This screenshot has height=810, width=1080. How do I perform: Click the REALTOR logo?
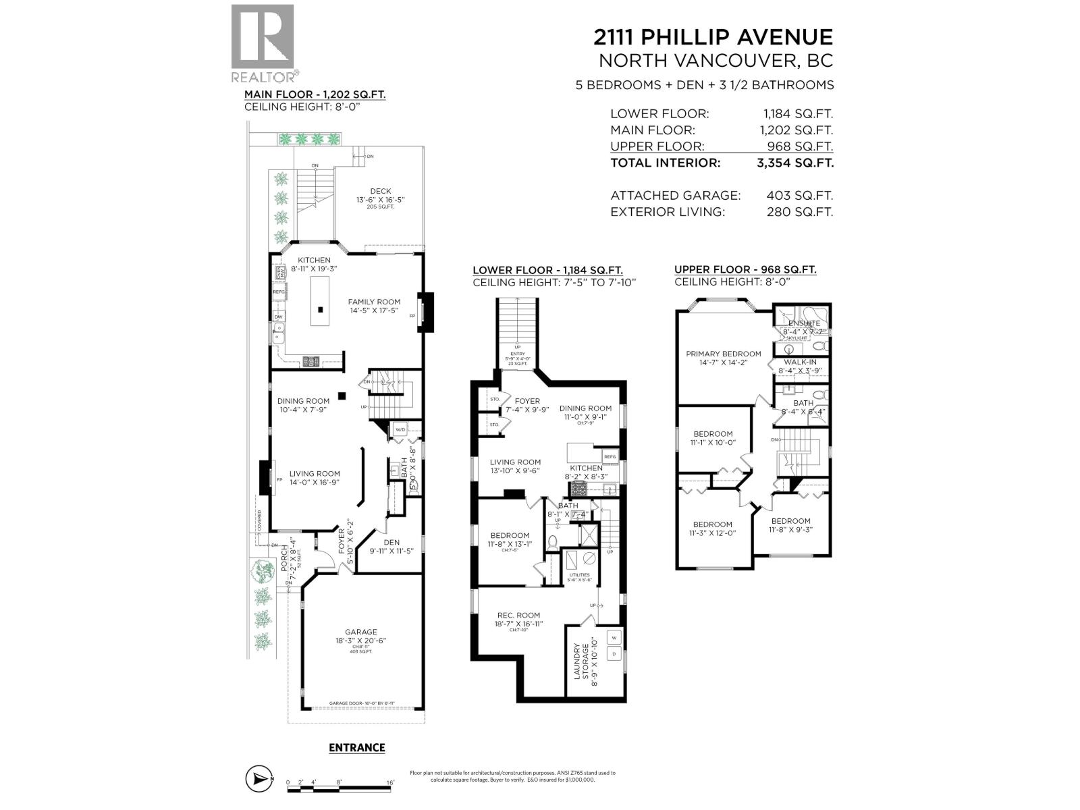(x=263, y=42)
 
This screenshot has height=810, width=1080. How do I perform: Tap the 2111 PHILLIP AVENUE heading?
(x=713, y=36)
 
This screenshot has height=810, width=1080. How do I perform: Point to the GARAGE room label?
(x=361, y=632)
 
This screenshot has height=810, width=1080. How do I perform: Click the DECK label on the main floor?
(x=381, y=191)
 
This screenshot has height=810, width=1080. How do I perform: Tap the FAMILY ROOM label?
(x=374, y=302)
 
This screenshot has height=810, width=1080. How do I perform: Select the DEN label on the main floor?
(x=391, y=542)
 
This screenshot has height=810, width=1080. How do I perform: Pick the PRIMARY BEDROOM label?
(x=723, y=354)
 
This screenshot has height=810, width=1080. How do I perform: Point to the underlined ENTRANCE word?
(x=356, y=747)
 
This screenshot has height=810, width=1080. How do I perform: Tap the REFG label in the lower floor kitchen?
(x=610, y=457)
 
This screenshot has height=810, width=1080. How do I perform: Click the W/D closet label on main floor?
(x=400, y=429)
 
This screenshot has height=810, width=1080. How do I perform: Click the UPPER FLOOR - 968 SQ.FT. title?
(x=745, y=269)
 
